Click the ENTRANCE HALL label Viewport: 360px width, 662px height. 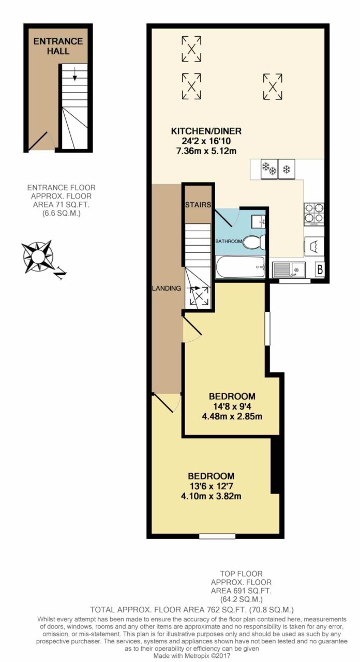pos(58,46)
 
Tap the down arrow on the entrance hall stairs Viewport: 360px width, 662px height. pos(75,74)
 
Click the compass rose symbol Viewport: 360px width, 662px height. pos(38,256)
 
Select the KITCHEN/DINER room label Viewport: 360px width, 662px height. pos(206,131)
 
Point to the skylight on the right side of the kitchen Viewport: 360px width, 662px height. pos(273,86)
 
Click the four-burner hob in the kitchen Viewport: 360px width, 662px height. pos(314,214)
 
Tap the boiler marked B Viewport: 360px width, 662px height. pos(320,270)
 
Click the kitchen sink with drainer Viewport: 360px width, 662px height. pos(289,270)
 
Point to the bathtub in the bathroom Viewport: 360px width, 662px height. pos(240,267)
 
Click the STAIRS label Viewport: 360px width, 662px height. pos(198,204)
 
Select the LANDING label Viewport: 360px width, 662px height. pos(167,289)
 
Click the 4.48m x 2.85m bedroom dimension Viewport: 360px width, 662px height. pos(232,416)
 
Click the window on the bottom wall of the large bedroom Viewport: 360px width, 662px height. pos(217,536)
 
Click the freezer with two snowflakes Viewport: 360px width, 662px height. pos(269,169)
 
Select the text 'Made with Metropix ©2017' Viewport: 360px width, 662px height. pos(191,655)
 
